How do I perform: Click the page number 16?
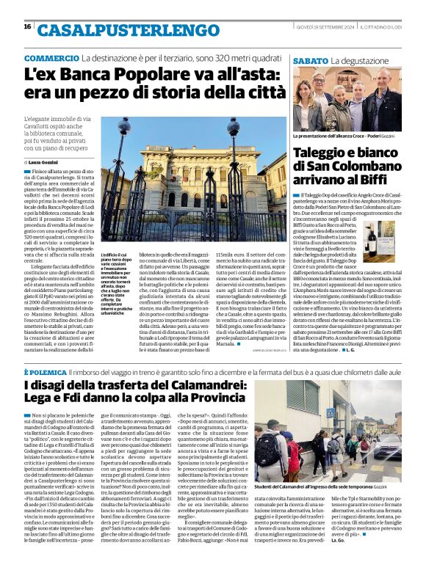pos(27,26)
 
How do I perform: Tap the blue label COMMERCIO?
pos(51,58)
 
